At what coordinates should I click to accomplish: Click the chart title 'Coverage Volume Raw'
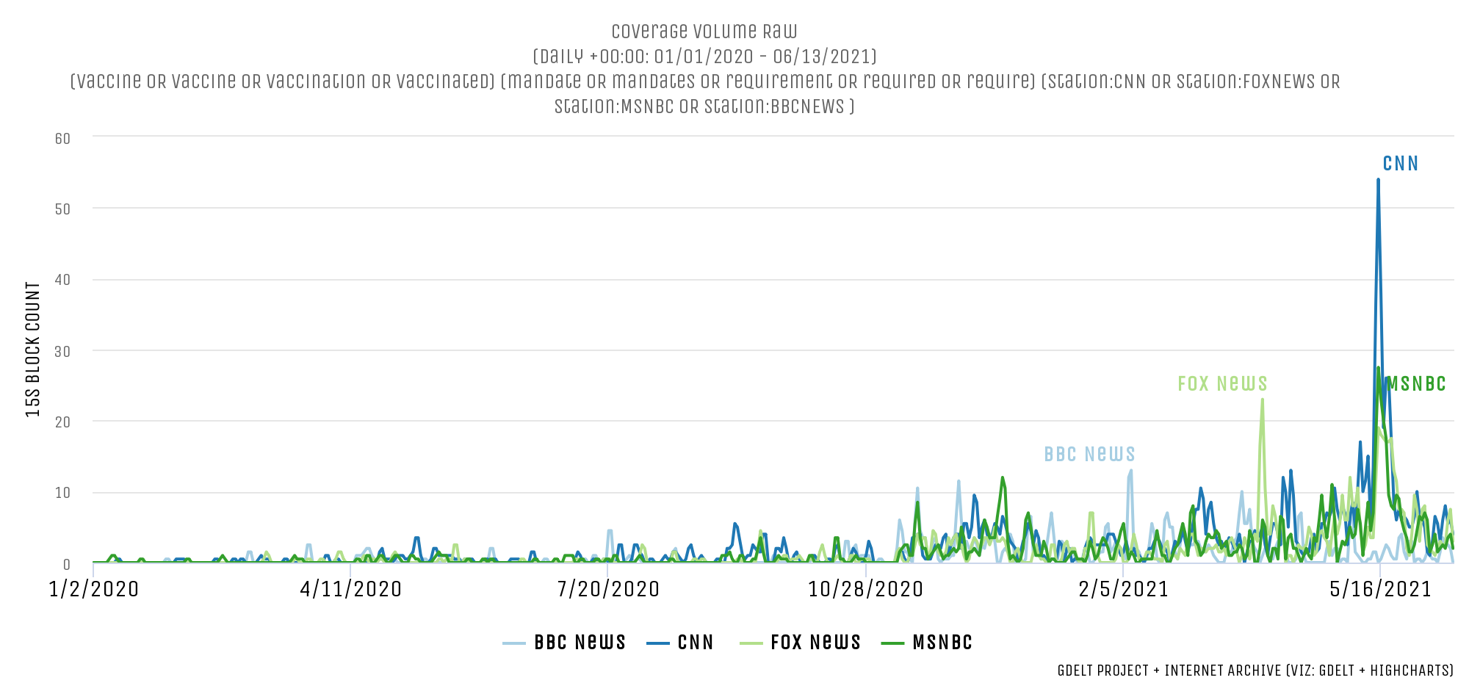[x=704, y=32]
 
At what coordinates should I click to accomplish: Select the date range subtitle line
[x=704, y=57]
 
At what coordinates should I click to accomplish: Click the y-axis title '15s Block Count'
[x=33, y=350]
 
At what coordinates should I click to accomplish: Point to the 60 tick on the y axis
[x=62, y=139]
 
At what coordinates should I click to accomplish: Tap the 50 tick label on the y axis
[x=62, y=209]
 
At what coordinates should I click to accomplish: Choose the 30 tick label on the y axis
[x=62, y=352]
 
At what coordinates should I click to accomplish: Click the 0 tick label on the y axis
[x=66, y=565]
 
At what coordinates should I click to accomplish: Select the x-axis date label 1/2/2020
[x=94, y=590]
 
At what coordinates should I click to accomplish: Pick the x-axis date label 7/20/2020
[x=608, y=590]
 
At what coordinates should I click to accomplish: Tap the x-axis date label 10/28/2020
[x=866, y=590]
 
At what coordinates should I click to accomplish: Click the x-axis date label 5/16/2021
[x=1381, y=590]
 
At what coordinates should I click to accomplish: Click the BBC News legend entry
[x=565, y=643]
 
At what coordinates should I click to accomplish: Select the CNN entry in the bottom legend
[x=681, y=643]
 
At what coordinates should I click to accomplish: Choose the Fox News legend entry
[x=800, y=643]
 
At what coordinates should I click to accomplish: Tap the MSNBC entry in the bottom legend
[x=928, y=643]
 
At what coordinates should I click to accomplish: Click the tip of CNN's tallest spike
[x=1378, y=179]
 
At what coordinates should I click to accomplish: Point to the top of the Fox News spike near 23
[x=1262, y=400]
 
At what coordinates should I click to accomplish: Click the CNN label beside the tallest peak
[x=1400, y=164]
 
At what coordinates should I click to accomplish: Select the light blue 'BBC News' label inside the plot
[x=1089, y=455]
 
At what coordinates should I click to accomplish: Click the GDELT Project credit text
[x=1255, y=671]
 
